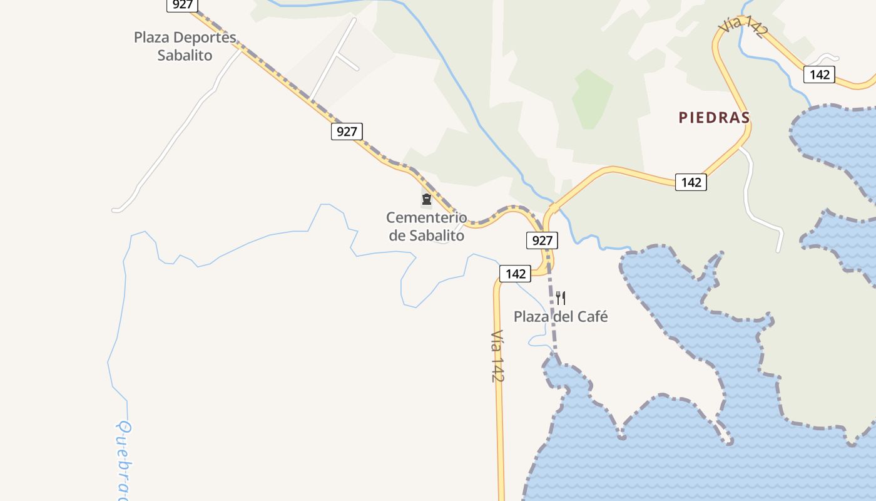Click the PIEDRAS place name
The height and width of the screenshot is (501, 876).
click(x=714, y=118)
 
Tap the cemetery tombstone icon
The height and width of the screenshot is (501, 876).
click(x=427, y=200)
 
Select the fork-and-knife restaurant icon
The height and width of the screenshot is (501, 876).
click(x=561, y=298)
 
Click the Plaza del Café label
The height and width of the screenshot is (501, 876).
click(x=561, y=317)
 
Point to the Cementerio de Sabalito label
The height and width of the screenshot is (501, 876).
click(x=427, y=227)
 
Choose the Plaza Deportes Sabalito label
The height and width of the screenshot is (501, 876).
click(x=185, y=46)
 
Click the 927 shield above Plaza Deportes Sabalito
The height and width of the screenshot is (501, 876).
click(x=182, y=4)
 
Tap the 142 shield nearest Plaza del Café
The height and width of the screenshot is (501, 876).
click(x=515, y=274)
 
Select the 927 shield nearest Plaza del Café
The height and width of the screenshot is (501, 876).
click(x=542, y=240)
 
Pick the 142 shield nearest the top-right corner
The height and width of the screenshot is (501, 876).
click(x=819, y=75)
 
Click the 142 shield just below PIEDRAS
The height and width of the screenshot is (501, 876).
click(x=691, y=182)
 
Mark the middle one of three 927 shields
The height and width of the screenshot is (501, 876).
click(x=347, y=132)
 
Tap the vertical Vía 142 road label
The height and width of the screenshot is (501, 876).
click(x=497, y=356)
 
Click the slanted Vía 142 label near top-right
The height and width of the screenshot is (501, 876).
click(x=741, y=28)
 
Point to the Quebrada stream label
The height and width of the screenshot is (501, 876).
click(x=125, y=460)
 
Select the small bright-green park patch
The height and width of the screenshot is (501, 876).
click(x=591, y=99)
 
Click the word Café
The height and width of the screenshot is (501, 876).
click(x=591, y=317)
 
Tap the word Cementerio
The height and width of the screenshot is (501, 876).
click(x=427, y=218)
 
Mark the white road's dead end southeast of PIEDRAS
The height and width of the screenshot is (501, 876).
click(x=779, y=250)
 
